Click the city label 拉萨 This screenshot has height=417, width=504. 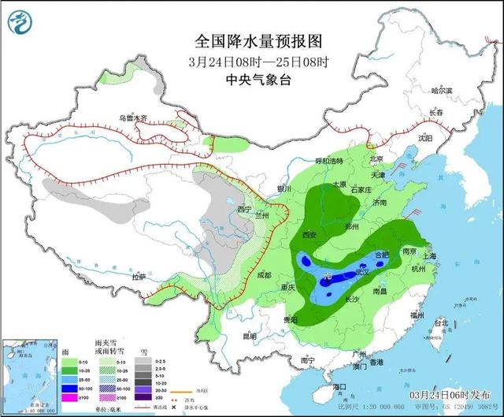139,277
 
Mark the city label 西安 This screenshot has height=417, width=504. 309,235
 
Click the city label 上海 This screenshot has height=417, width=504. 429,256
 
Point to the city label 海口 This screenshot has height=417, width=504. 339,386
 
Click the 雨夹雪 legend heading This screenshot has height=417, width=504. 106,336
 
